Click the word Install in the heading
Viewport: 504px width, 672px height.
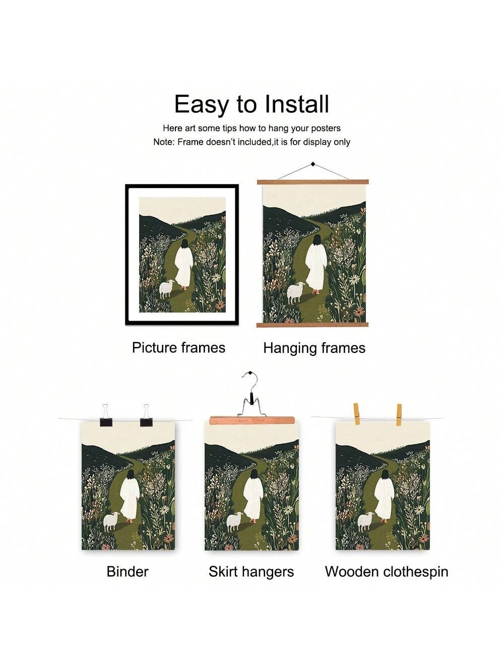[296, 104]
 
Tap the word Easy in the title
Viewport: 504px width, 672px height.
[201, 105]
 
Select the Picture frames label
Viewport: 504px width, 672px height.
[179, 348]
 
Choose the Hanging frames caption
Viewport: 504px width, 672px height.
[314, 348]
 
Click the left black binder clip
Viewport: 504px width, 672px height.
[106, 416]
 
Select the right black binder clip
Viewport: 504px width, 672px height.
[146, 416]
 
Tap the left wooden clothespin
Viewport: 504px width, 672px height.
[356, 414]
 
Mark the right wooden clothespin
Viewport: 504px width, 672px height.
[399, 415]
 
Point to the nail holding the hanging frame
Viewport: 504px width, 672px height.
[313, 164]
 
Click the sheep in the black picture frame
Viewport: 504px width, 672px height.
[167, 288]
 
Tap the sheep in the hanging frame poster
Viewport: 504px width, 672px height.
[296, 293]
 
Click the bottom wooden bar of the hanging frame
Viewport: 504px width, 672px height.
[312, 325]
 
